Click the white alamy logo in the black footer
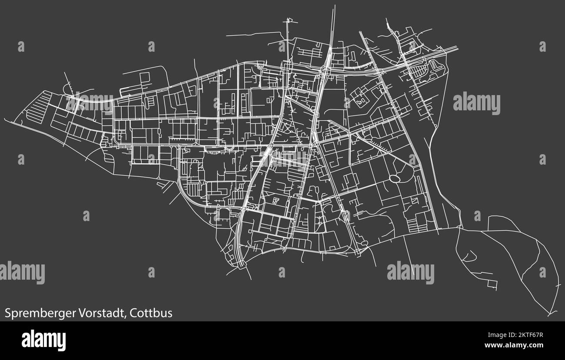43,340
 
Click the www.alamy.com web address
515,345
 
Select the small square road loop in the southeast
492,284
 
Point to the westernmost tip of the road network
5,119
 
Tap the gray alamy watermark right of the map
476,103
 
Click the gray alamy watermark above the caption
22,273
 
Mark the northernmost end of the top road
334,6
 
